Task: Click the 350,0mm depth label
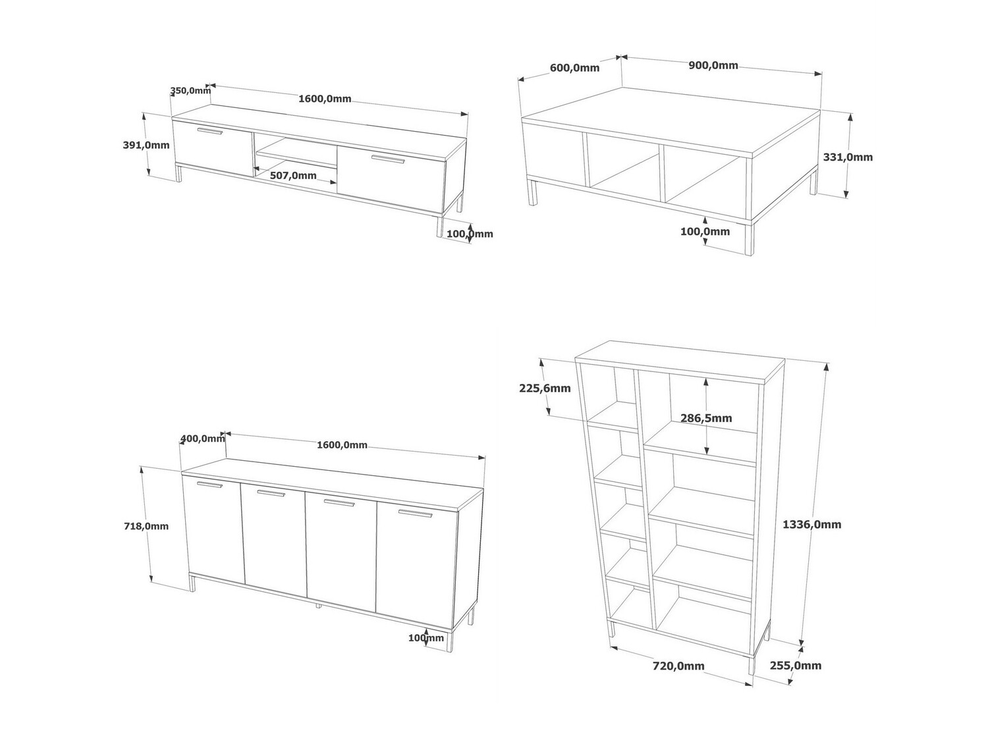point(190,91)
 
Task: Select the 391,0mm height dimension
point(146,145)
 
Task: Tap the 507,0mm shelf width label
point(293,176)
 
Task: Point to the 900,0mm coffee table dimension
point(713,65)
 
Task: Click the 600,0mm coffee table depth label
point(575,68)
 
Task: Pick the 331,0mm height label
point(848,157)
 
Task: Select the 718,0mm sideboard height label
point(146,526)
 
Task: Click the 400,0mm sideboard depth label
point(203,438)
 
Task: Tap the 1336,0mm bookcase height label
point(811,525)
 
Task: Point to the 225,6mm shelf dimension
point(545,388)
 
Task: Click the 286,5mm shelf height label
point(706,418)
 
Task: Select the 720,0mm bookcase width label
point(678,666)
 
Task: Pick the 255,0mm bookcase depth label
point(796,666)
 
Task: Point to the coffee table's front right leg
point(749,240)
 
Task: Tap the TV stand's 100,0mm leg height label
point(470,234)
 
